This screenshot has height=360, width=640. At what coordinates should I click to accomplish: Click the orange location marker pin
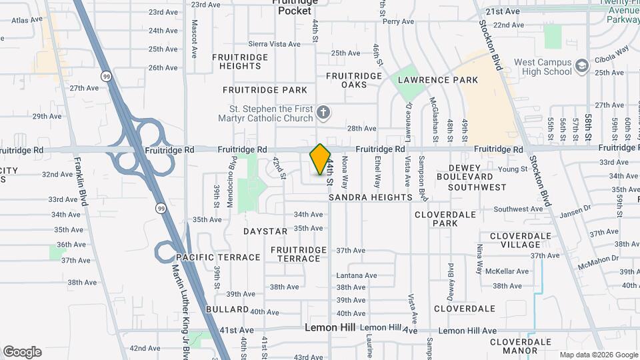pos(321,159)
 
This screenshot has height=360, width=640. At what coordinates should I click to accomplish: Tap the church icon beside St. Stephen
pos(323,111)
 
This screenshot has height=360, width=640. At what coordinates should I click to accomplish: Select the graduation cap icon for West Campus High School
pos(582,65)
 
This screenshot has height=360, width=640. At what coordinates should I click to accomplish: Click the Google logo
pos(22,352)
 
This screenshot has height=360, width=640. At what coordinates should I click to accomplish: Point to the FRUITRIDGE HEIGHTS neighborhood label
pos(240,61)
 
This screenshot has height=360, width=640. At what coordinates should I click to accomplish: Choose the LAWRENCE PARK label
pos(438,80)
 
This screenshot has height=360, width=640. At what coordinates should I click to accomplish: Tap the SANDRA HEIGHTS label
pos(371,197)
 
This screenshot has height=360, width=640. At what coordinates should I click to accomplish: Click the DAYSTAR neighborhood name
pos(265,231)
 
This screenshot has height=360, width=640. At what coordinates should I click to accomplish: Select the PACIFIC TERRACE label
pos(219,257)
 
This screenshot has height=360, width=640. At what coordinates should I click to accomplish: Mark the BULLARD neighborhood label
pos(227,309)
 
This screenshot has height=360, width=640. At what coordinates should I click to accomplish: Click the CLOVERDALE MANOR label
pos(523,345)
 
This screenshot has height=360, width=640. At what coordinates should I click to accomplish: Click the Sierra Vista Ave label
pos(271,43)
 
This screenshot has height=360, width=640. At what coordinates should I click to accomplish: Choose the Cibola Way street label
pos(613,52)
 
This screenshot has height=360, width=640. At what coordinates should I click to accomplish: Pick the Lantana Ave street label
pos(357,275)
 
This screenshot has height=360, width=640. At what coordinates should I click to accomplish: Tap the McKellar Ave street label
pos(507,271)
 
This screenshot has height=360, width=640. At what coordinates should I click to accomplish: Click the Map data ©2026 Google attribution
pos(598,355)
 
